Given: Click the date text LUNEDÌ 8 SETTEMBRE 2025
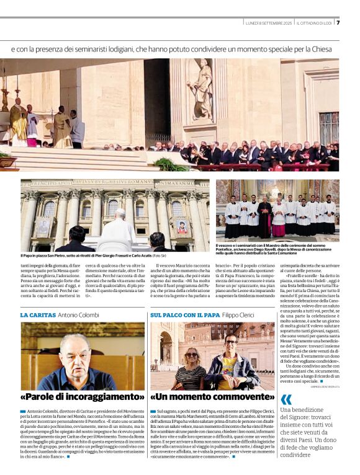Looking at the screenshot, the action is tap(268, 23).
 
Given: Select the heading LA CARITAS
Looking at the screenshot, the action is tap(38, 315).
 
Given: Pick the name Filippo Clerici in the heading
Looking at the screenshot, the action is tap(238, 315).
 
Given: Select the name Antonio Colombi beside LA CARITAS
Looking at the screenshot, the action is tap(79, 315).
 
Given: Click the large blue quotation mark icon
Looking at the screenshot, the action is tap(286, 399).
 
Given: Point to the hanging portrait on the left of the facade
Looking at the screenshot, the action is tap(45, 227).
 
